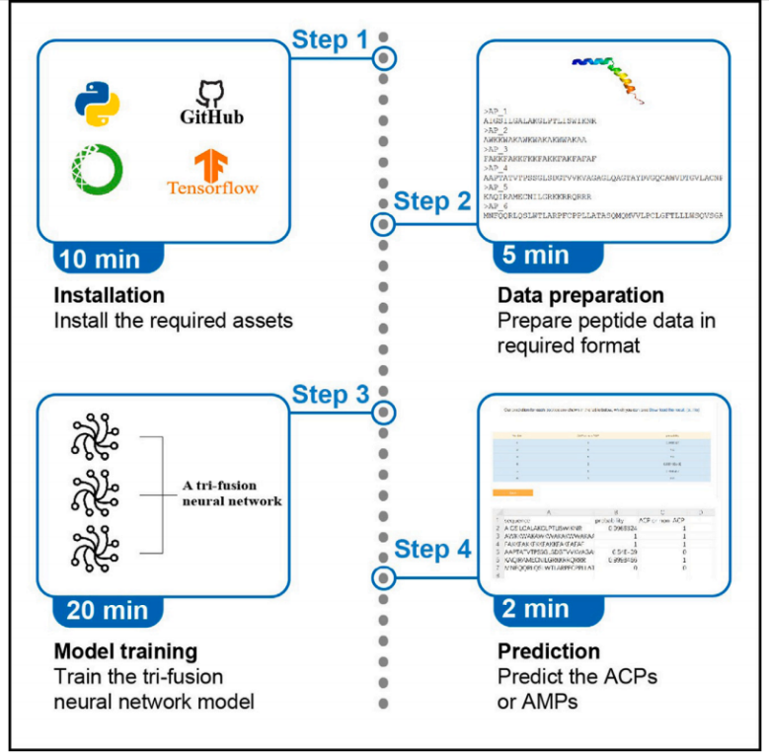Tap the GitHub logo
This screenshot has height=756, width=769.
[211, 105]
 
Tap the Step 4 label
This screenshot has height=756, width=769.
[432, 550]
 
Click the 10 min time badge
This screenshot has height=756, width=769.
[99, 261]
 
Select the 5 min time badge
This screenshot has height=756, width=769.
[533, 256]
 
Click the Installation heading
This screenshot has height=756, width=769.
[109, 295]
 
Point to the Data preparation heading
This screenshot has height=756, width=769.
[580, 295]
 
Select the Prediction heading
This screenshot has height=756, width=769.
[548, 651]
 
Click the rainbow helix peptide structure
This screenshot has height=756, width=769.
[609, 78]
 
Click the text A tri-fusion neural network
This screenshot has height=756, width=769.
[231, 492]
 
